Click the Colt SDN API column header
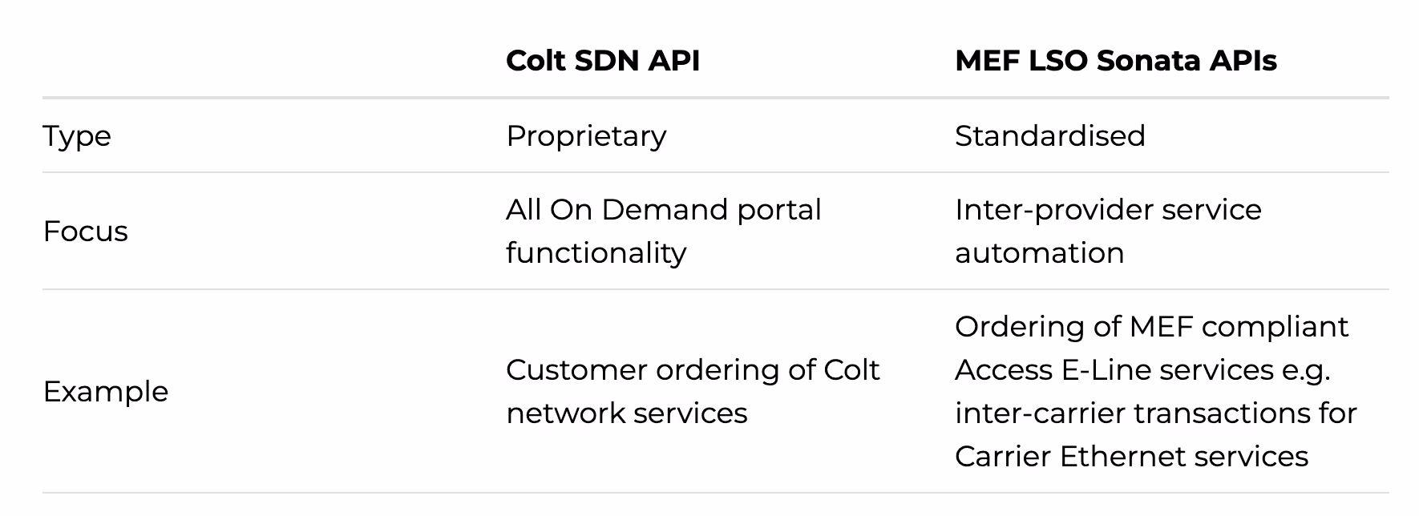pos(603,61)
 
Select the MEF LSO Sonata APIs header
pos(1115,61)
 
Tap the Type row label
pos(77,136)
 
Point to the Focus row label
pos(86,232)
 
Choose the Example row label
pos(106,392)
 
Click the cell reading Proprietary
pos(586,136)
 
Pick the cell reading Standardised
pos(1049,136)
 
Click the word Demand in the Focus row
pos(665,210)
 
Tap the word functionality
pos(596,253)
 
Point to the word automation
pos(1039,253)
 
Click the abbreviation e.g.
pos(1305,370)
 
